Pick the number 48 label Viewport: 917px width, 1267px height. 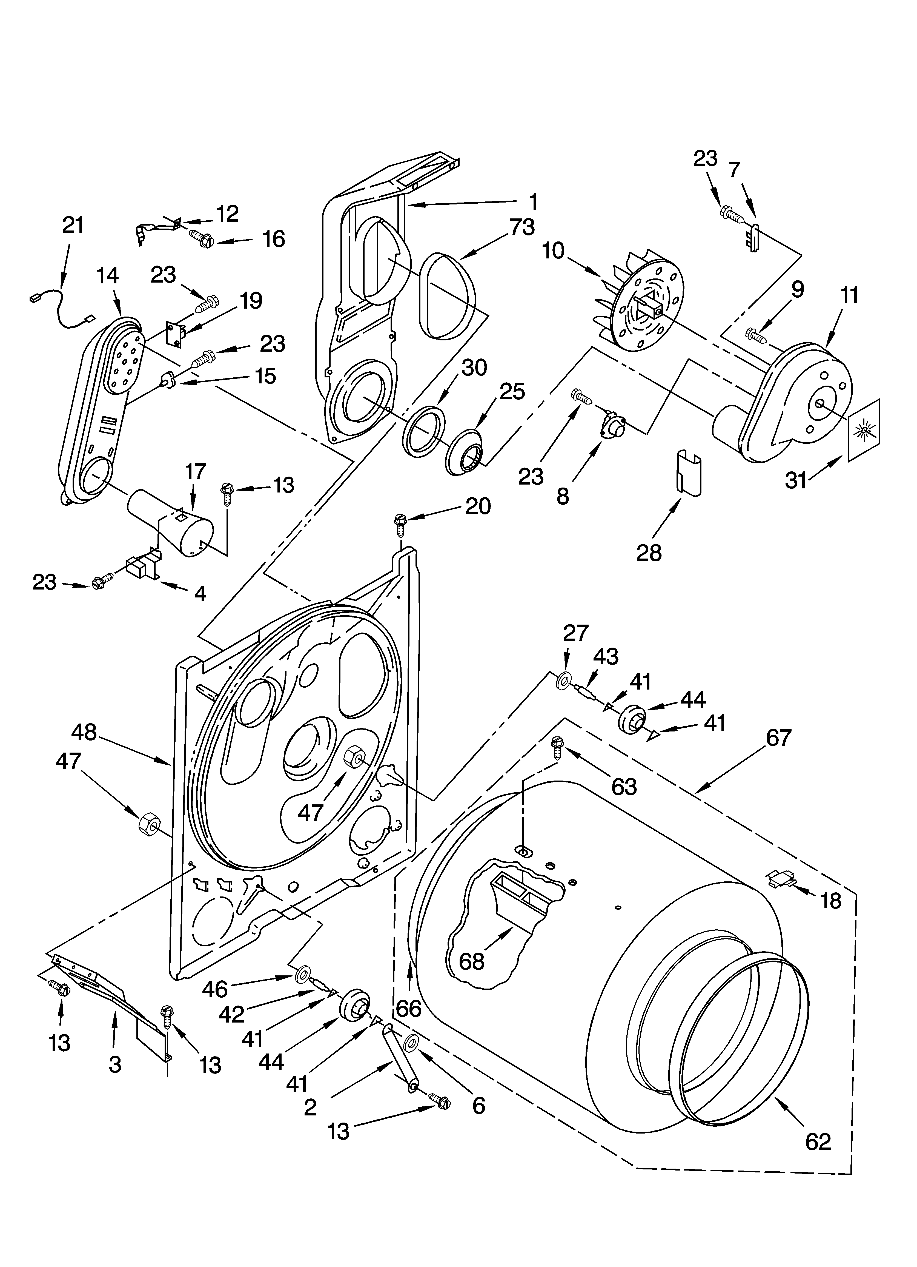pyautogui.click(x=84, y=732)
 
